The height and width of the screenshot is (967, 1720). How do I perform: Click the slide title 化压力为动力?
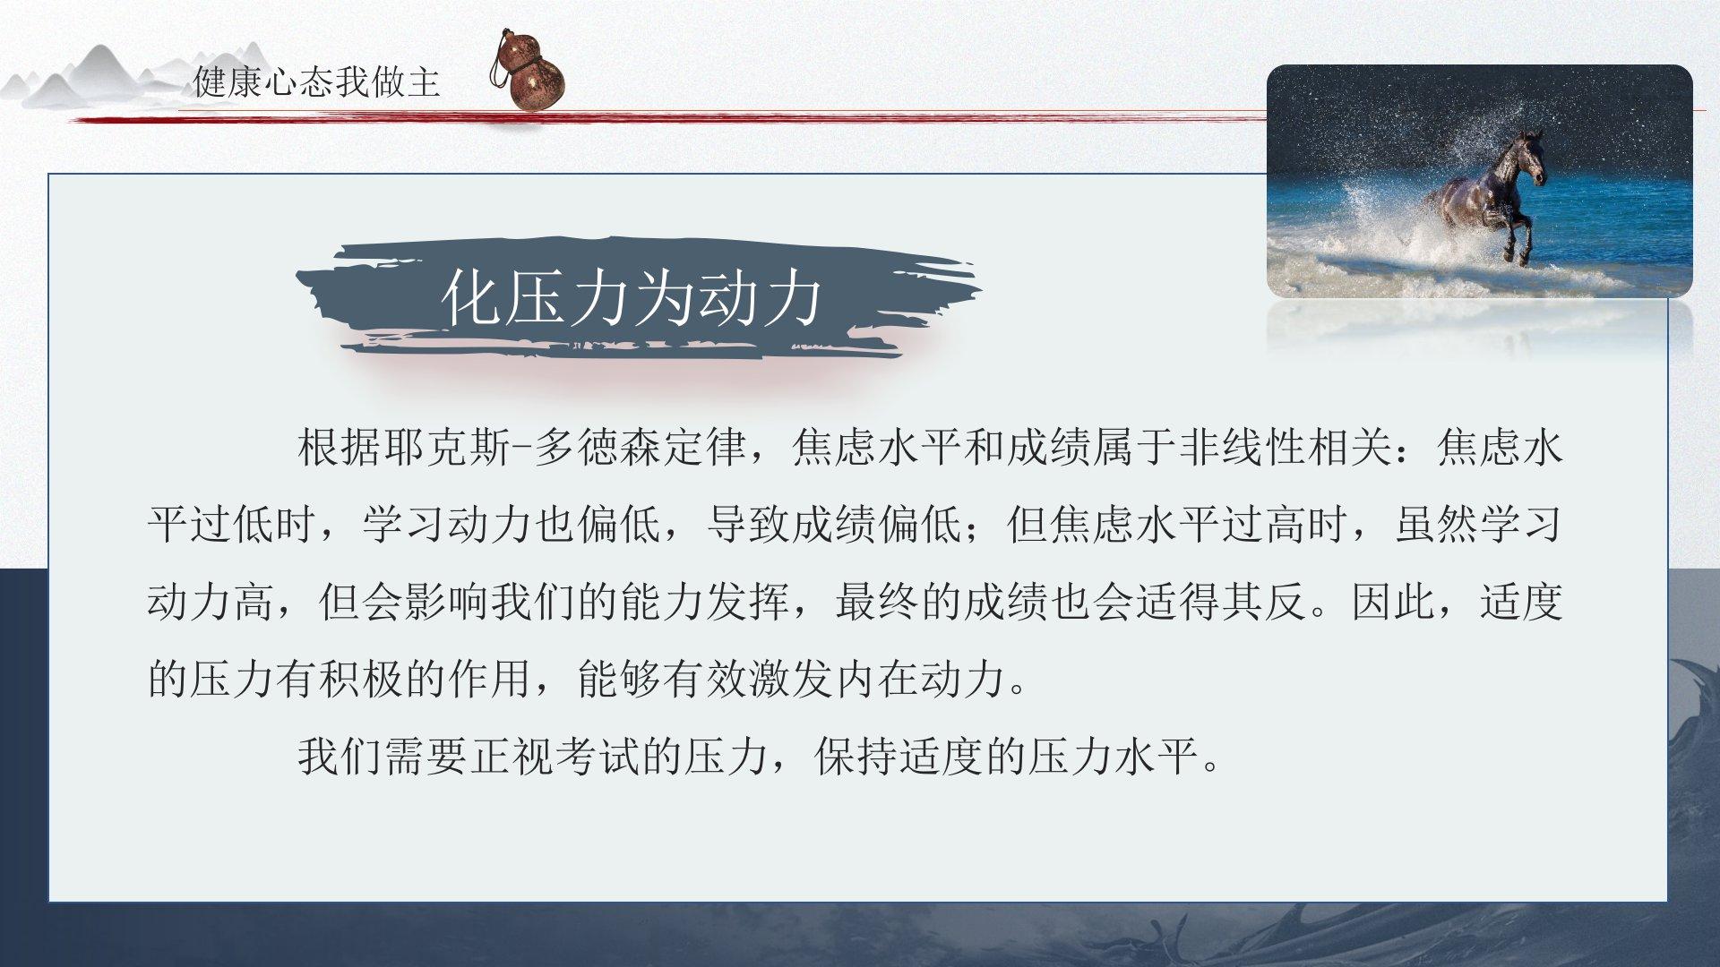(632, 298)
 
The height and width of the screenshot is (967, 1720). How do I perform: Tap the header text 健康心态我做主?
(317, 82)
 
